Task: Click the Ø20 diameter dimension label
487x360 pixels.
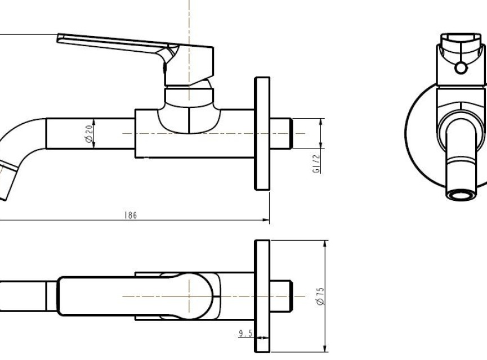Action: [89, 134]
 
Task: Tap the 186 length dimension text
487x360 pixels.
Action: [131, 215]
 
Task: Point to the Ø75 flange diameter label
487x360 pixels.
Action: [320, 296]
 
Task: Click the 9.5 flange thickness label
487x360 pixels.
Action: [245, 334]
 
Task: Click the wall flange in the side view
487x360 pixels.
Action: [262, 133]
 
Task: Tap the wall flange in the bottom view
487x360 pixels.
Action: [262, 296]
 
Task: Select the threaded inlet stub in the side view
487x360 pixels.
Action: [281, 133]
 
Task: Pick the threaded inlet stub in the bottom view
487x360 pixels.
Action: [281, 296]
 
